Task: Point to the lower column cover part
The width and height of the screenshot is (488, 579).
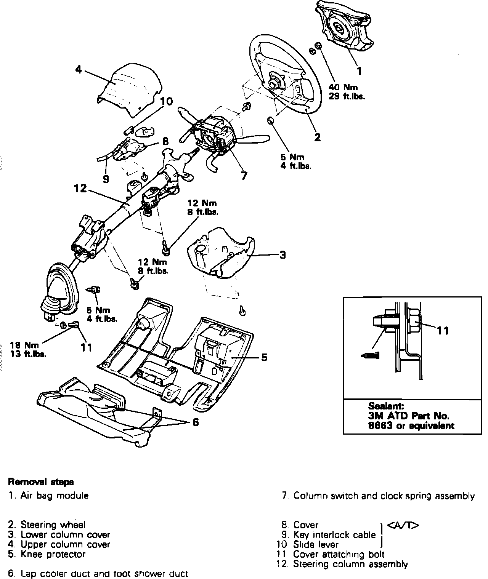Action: tap(219, 251)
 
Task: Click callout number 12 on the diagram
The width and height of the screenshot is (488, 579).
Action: tap(80, 189)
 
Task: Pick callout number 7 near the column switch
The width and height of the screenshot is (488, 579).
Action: tap(244, 176)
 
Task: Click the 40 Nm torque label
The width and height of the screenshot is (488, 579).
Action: tap(341, 87)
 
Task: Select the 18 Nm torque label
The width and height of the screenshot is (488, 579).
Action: tap(24, 345)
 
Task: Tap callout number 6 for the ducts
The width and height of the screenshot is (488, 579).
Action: tap(195, 422)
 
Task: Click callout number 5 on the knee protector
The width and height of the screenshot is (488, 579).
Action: tap(264, 357)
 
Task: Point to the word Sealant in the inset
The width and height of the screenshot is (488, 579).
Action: tap(386, 406)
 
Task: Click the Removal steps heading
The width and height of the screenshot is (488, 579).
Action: tap(41, 482)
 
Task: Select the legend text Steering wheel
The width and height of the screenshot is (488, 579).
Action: tap(53, 525)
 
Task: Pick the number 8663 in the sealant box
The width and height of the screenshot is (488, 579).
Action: tap(377, 425)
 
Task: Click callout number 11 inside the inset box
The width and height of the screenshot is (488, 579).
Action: tap(443, 331)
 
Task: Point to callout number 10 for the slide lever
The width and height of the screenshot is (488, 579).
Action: tap(166, 101)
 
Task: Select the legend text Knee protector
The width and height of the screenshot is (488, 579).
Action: tap(53, 554)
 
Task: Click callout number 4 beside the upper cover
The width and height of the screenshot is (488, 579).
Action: tap(79, 70)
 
